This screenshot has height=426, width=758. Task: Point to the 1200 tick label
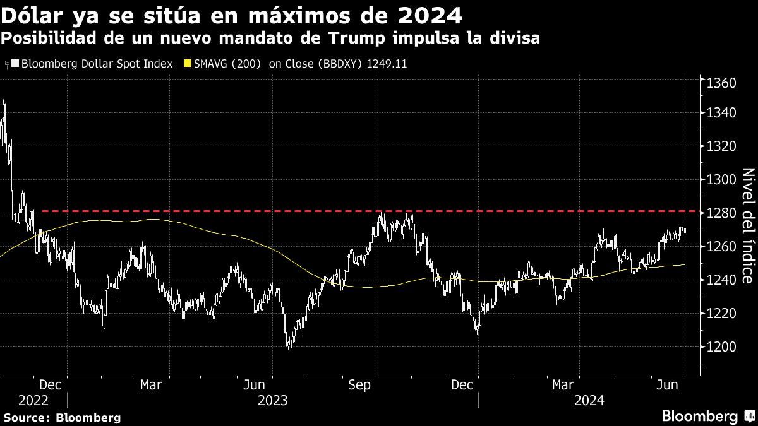click(x=721, y=347)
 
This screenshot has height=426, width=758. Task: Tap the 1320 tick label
click(x=721, y=146)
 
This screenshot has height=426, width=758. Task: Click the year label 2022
click(x=33, y=400)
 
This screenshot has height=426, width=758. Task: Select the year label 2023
click(x=272, y=400)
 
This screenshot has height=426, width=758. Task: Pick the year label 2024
click(x=589, y=400)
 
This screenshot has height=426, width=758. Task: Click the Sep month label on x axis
click(x=359, y=384)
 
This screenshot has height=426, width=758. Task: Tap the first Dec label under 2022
click(x=50, y=384)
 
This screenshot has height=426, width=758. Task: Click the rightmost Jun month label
click(x=668, y=384)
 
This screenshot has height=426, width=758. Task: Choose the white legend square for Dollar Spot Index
click(x=15, y=64)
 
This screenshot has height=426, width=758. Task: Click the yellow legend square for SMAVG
click(x=186, y=64)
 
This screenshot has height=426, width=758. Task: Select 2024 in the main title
click(x=428, y=14)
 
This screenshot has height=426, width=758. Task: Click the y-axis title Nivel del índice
click(x=746, y=225)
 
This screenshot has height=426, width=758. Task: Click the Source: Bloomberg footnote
click(x=62, y=417)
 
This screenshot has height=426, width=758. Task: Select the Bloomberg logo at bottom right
click(x=699, y=416)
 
